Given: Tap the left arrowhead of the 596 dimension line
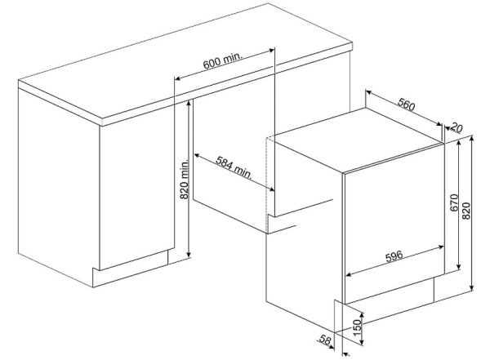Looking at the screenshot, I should point(349,274).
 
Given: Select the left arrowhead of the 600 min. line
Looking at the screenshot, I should point(177,78).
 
